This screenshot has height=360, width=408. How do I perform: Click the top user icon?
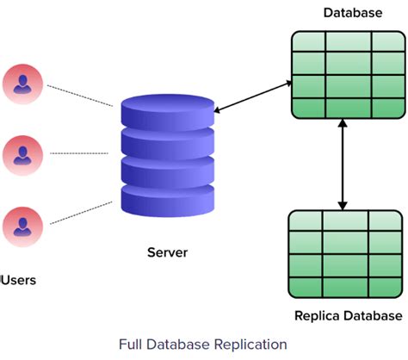[21, 83]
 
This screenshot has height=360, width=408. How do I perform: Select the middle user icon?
[21, 154]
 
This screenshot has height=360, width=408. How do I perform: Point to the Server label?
[166, 252]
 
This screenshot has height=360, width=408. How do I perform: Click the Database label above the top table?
[352, 13]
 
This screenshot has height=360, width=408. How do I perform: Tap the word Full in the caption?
[133, 344]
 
